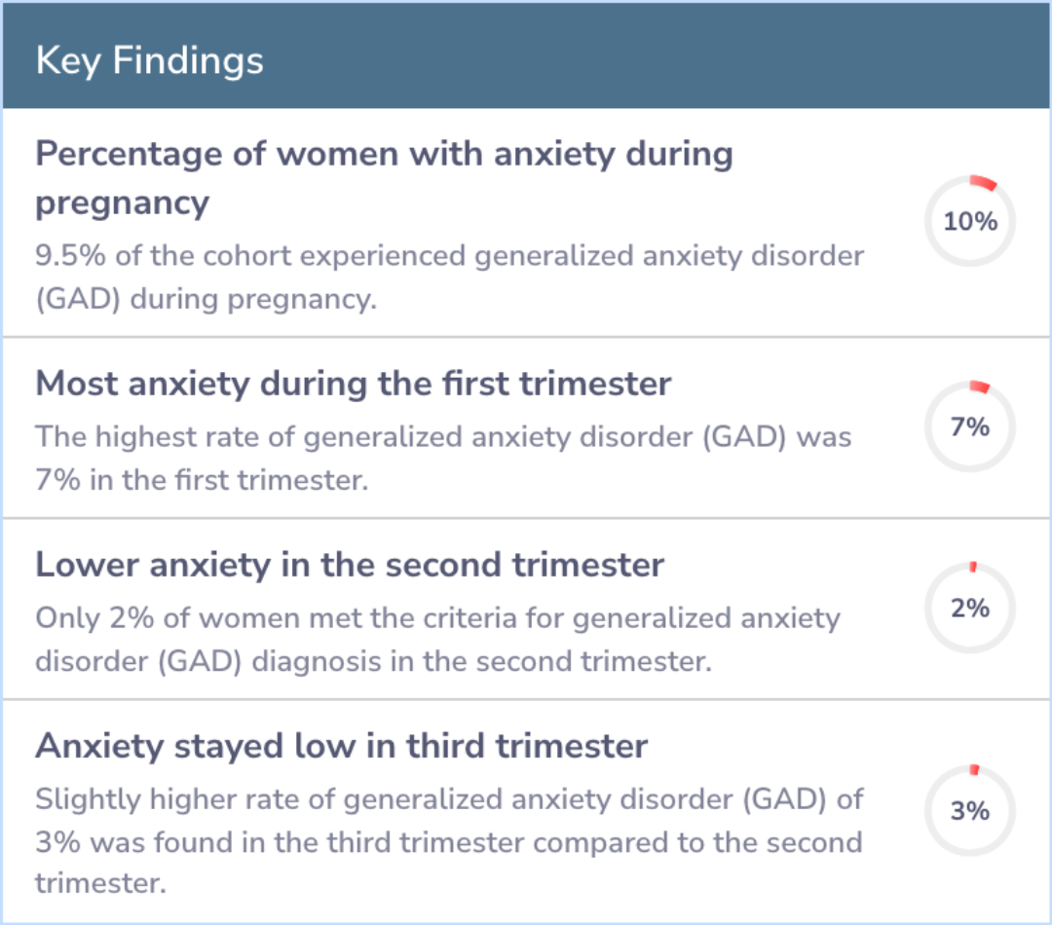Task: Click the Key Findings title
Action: coord(150,61)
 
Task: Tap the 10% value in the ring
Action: coord(970,221)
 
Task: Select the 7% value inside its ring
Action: coord(970,426)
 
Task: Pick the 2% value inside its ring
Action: coord(970,608)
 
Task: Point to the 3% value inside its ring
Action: coord(970,811)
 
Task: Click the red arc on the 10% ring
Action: coord(984,182)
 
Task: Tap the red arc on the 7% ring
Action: coord(980,387)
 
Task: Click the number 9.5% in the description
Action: coord(70,255)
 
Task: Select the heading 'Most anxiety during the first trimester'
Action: coord(354,385)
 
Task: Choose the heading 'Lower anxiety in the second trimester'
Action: coord(350,565)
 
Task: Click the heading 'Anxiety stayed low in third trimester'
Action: coord(342,747)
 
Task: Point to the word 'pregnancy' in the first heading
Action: coord(122,203)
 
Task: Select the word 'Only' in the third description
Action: coord(68,617)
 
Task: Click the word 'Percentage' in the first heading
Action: coord(129,155)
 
